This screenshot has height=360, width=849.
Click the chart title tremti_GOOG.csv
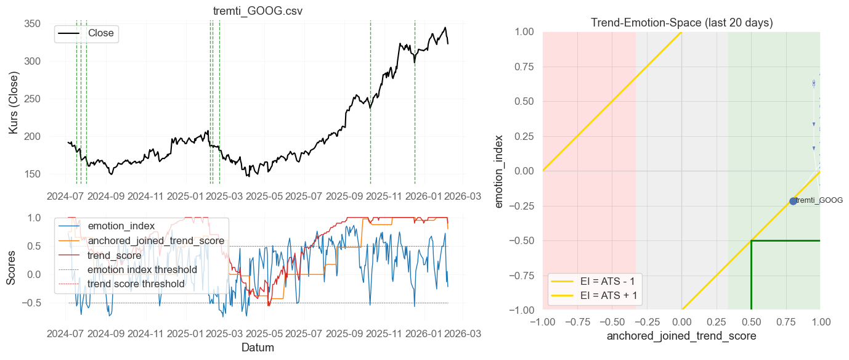258,12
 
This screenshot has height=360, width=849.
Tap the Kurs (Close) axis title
14,103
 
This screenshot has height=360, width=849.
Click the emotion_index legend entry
121,226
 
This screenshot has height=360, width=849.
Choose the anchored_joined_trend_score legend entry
156,240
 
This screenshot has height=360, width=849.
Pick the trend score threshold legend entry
136,284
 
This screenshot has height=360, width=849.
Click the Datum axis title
258,348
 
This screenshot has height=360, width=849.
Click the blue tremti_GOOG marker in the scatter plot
793,201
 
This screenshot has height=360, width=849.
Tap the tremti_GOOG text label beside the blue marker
819,200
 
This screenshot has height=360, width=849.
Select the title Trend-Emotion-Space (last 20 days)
681,23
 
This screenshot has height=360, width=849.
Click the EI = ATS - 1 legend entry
611,281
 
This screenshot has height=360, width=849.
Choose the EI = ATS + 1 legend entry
611,296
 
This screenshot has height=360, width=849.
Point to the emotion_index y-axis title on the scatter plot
500,171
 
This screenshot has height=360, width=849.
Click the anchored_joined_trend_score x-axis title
681,337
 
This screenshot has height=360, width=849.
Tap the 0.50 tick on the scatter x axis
751,322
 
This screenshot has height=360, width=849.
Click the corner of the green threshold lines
751,240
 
